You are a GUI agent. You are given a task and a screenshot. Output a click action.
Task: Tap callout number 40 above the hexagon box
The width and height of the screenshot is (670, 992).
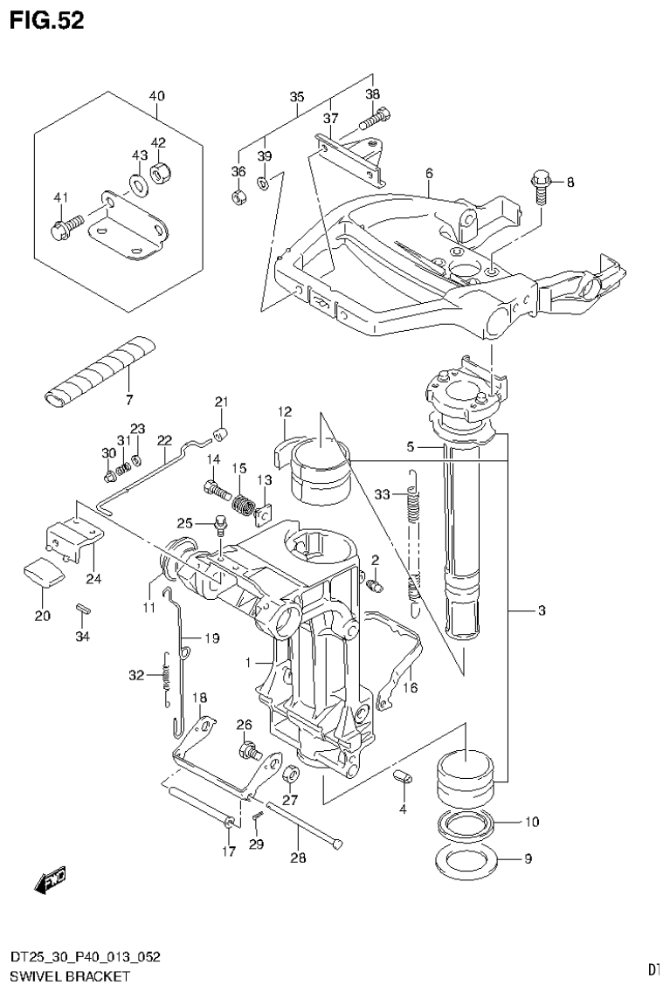[156, 95]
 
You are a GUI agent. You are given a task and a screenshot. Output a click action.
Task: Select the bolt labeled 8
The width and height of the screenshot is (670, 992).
[539, 186]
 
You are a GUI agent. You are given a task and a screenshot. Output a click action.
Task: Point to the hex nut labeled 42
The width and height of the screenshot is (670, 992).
[160, 172]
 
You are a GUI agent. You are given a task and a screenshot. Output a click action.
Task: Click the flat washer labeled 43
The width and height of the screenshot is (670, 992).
[139, 184]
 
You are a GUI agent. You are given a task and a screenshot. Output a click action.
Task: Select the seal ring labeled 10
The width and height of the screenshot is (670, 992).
[467, 823]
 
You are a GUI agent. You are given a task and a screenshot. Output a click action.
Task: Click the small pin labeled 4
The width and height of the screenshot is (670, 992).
[404, 777]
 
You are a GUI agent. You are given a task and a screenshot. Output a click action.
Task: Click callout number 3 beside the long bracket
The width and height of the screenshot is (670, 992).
[541, 611]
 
